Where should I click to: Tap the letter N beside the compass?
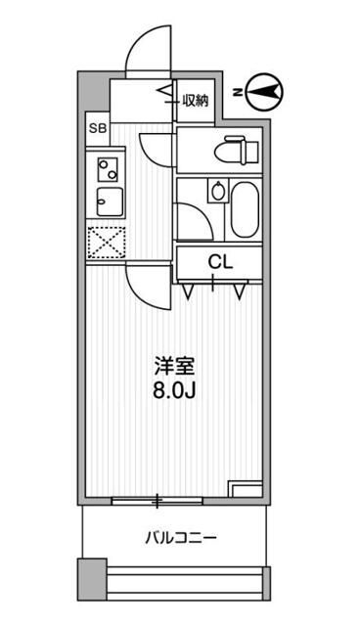tap(238, 92)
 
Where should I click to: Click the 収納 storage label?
tap(195, 99)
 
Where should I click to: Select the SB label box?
tap(97, 128)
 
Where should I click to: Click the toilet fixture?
tap(234, 150)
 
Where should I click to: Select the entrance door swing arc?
tap(148, 47)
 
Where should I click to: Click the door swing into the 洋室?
tap(147, 288)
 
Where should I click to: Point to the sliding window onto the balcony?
tap(157, 501)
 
